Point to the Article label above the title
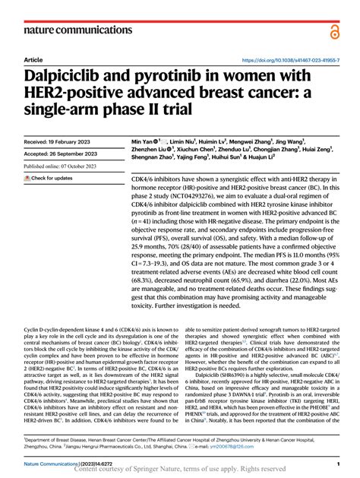(x=33, y=59)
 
